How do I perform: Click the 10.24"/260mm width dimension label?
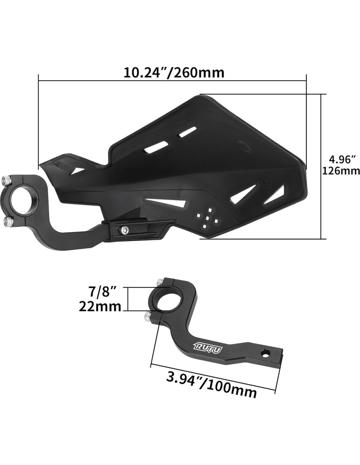coord(174,73)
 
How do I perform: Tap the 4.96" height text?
coord(341,160)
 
